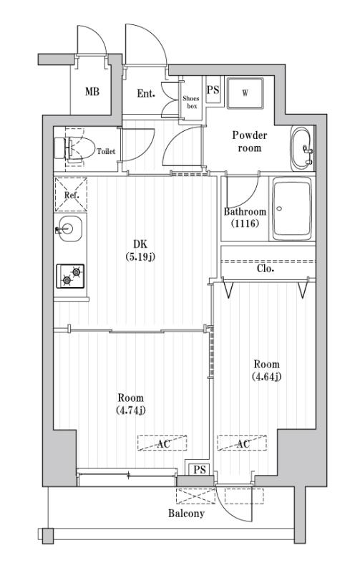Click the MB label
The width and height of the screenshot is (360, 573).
(x=92, y=92)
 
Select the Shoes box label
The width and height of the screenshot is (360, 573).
(x=191, y=102)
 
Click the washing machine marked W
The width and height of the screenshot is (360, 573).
(x=245, y=92)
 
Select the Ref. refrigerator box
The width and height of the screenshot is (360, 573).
(x=71, y=194)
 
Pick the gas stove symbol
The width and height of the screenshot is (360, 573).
(x=71, y=276)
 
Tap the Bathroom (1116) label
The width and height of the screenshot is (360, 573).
(x=245, y=218)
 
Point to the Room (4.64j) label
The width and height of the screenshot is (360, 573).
(x=265, y=370)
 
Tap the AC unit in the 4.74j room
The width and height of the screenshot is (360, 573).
(x=162, y=443)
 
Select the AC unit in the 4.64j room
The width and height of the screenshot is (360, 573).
(x=242, y=443)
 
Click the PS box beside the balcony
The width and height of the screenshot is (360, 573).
(x=199, y=469)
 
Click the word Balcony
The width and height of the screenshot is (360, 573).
(x=186, y=514)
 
